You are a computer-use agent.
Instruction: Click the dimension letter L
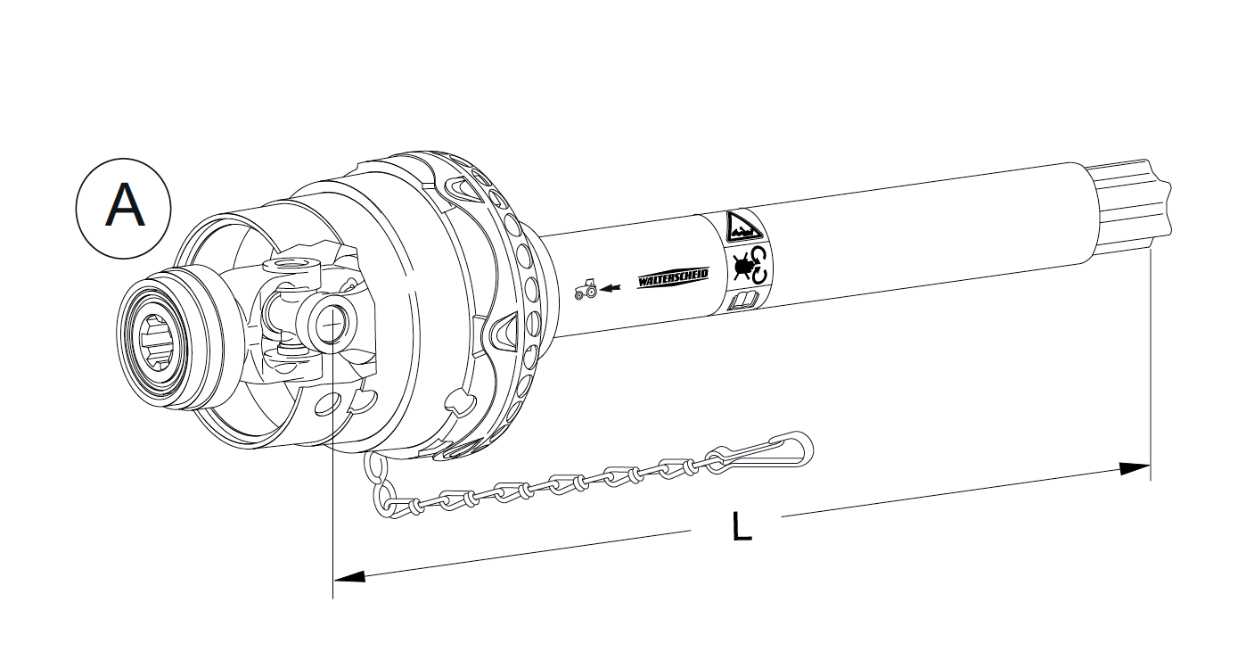741,525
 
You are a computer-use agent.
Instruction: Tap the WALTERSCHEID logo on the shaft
673,279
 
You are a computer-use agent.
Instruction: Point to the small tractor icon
586,290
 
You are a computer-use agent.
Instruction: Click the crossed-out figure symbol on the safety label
740,266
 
